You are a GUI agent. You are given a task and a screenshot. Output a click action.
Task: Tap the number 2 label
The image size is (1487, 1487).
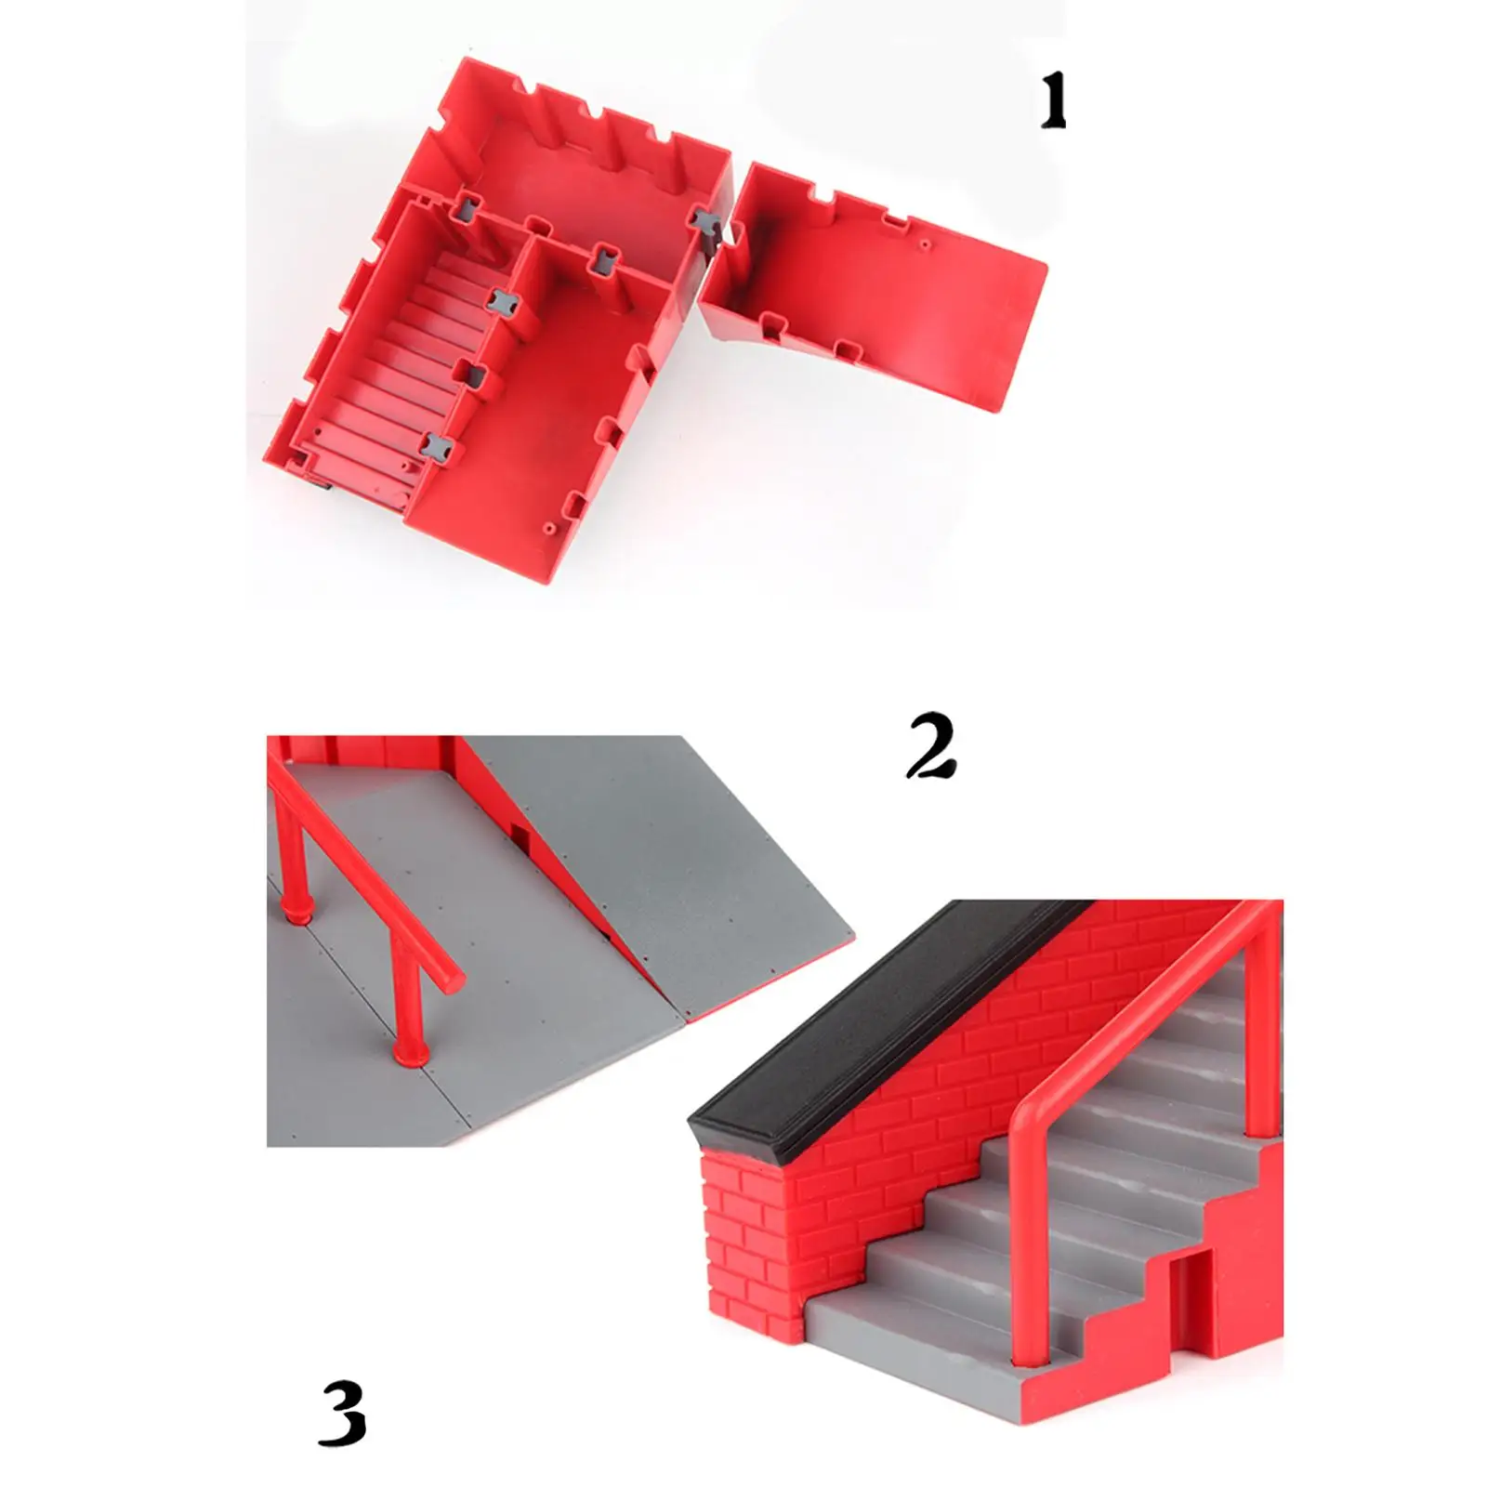tap(931, 745)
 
